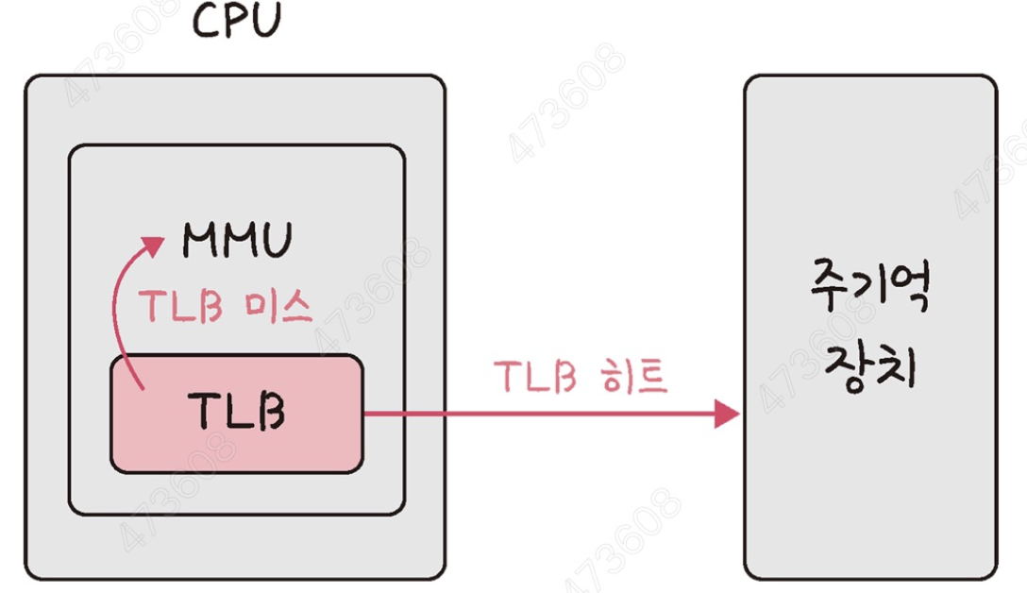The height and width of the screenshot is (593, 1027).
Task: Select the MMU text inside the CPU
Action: (x=237, y=241)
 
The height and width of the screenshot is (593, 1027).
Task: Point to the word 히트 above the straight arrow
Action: (x=637, y=376)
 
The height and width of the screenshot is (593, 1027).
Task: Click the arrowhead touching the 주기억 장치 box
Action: (x=727, y=414)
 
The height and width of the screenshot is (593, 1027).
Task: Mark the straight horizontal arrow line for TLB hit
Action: (x=538, y=414)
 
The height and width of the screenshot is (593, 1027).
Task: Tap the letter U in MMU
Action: (x=272, y=241)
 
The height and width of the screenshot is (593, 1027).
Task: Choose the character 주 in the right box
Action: (x=831, y=289)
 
